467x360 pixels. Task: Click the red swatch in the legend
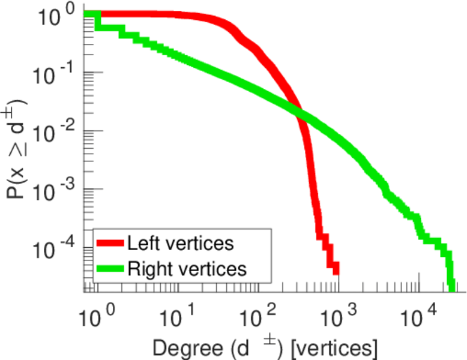coord(110,244)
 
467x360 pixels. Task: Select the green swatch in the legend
coord(110,269)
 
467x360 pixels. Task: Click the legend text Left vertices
coord(180,244)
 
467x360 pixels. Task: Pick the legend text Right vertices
coord(187,269)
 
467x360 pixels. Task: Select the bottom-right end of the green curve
coord(451,287)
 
